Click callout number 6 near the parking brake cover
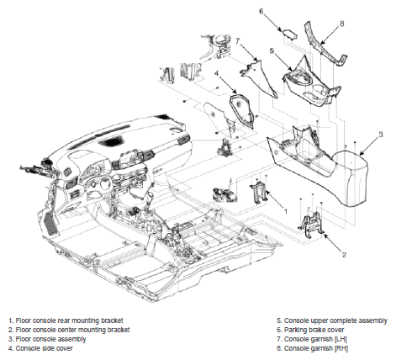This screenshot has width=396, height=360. (x=261, y=12)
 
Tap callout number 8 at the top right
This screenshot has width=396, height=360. (x=341, y=24)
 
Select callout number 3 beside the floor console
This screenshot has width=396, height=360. (x=381, y=135)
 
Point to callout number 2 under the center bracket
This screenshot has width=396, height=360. (x=344, y=255)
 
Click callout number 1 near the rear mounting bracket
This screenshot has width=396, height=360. (x=286, y=211)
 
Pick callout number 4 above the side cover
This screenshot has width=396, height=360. (x=216, y=73)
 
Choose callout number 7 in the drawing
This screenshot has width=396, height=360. (x=238, y=41)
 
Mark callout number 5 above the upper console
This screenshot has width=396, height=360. (x=272, y=50)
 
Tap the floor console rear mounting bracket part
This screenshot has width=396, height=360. (x=259, y=193)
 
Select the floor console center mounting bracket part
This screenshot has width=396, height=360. (x=312, y=224)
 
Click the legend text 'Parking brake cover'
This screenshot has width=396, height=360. (x=314, y=330)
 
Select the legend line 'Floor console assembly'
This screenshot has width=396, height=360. (x=47, y=339)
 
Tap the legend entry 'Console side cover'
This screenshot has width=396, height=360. (x=40, y=348)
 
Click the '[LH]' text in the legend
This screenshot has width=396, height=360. (x=341, y=339)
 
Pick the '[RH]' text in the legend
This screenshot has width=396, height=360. (x=341, y=348)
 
